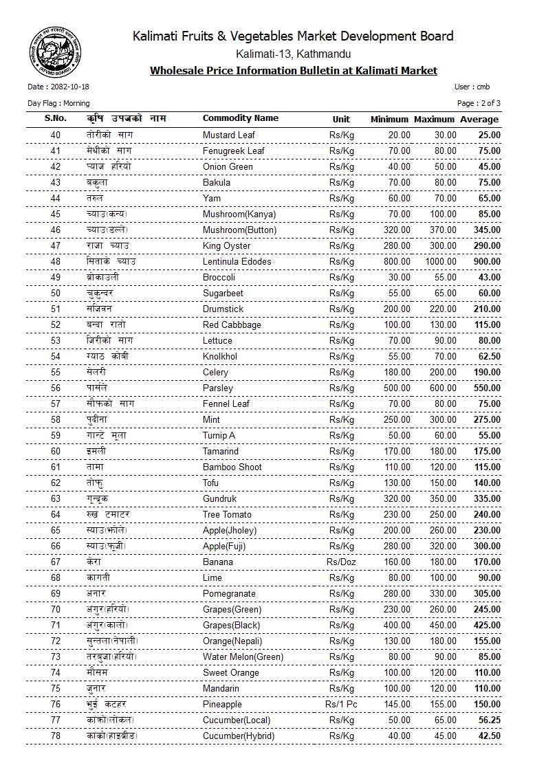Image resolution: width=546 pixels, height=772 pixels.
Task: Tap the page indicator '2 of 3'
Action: [x=489, y=103]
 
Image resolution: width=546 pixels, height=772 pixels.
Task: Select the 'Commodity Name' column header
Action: [x=241, y=118]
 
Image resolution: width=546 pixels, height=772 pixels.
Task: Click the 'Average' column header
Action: [x=479, y=119]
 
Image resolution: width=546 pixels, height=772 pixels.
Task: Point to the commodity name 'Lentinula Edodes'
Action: [x=237, y=261]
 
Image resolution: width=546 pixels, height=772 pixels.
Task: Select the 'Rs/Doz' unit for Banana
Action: [x=341, y=562]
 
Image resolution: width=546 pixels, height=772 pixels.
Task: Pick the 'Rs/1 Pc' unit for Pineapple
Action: [x=341, y=704]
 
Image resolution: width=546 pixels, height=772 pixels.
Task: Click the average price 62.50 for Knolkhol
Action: [x=489, y=356]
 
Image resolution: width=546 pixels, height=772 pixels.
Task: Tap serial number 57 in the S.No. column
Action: [x=56, y=404]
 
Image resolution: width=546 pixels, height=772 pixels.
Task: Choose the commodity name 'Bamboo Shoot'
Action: [x=232, y=467]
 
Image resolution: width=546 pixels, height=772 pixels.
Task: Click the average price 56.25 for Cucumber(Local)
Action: [x=489, y=720]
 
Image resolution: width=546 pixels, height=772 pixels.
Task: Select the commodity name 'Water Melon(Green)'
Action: [x=243, y=657]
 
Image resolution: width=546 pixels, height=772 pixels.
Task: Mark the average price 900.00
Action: [x=487, y=261]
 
